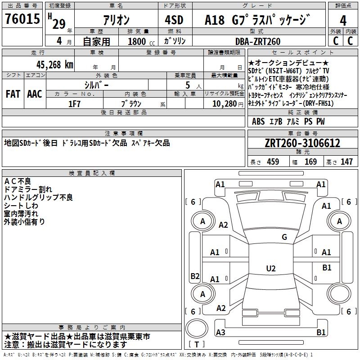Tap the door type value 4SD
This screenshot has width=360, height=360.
(174, 20)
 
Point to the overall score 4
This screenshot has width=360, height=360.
(343, 20)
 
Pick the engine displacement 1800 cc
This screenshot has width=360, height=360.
(137, 41)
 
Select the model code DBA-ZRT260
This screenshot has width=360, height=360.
(258, 41)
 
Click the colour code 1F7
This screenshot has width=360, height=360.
(74, 103)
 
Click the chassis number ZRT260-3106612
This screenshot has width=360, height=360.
(302, 143)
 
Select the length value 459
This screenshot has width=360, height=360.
(273, 162)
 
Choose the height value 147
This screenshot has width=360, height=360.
(346, 162)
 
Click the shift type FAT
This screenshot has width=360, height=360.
(13, 94)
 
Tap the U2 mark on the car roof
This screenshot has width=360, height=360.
(270, 269)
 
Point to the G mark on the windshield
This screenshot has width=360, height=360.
(284, 237)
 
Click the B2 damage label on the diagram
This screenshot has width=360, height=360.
(195, 276)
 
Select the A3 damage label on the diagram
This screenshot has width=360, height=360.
(220, 332)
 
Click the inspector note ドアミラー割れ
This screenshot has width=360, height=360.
(27, 189)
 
